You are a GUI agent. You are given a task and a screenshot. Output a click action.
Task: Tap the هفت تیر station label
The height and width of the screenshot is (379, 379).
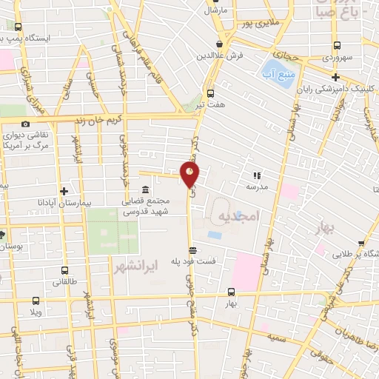(211, 105)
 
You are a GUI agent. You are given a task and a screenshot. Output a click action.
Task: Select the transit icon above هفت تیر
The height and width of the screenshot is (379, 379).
(211, 94)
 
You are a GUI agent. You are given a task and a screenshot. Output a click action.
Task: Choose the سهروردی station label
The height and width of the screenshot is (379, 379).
(338, 56)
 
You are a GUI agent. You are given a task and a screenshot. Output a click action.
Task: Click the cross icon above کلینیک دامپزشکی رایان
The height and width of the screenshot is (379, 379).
(335, 77)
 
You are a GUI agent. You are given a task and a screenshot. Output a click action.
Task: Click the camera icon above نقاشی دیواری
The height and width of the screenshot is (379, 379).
(26, 124)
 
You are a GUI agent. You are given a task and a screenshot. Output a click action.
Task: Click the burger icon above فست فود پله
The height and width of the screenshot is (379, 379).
(192, 249)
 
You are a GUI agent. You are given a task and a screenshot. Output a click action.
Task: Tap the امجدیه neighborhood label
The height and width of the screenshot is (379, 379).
(239, 215)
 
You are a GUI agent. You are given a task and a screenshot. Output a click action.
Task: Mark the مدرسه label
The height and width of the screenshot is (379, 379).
(257, 187)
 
